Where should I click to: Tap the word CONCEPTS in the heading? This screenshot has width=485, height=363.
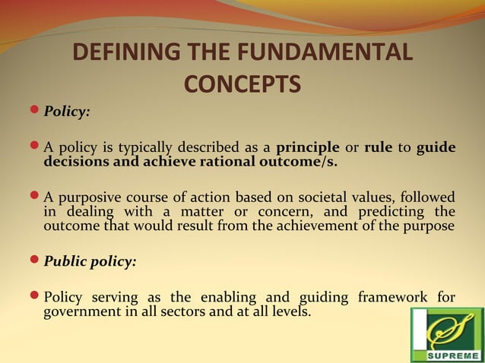pyautogui.click(x=242, y=83)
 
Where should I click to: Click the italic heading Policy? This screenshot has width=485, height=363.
pyautogui.click(x=67, y=112)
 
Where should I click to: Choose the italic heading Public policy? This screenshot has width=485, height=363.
pyautogui.click(x=90, y=261)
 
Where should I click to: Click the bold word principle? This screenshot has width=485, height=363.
pyautogui.click(x=308, y=147)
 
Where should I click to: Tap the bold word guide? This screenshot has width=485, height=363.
pyautogui.click(x=436, y=147)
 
